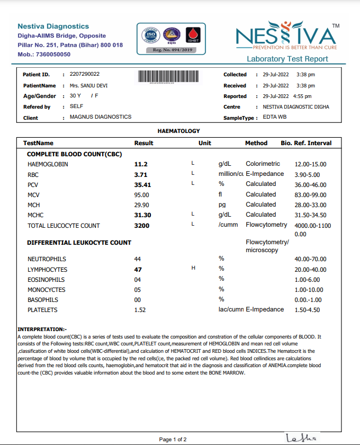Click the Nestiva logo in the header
(286, 37)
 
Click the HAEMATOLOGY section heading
(179, 130)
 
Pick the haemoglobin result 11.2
(141, 164)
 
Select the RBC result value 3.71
(140, 174)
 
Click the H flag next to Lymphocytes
(193, 269)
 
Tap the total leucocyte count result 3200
(142, 226)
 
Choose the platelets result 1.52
(140, 310)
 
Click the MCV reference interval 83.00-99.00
(310, 194)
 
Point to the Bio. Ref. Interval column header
(306, 143)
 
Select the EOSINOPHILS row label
(46, 279)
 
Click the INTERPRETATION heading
(42, 330)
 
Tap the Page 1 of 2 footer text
(173, 440)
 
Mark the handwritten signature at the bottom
(301, 438)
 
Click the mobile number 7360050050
(52, 54)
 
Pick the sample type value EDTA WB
(275, 117)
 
